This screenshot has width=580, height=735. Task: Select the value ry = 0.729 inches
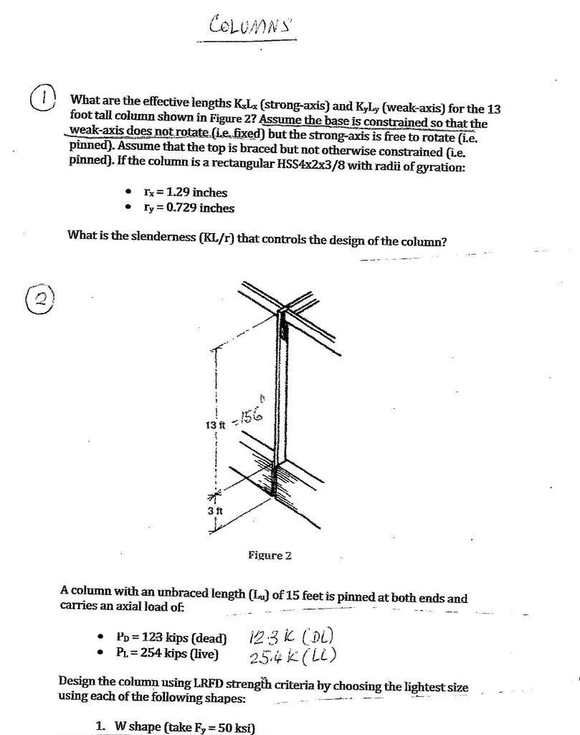point(189,208)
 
